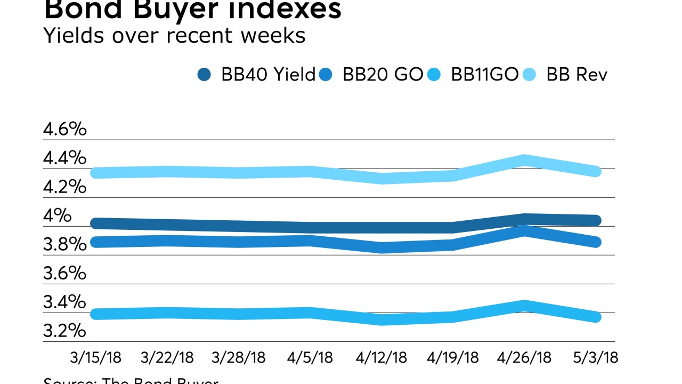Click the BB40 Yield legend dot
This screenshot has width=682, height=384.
pyautogui.click(x=204, y=75)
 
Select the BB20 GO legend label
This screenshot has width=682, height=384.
pyautogui.click(x=383, y=75)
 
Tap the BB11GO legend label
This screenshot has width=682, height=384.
pyautogui.click(x=484, y=75)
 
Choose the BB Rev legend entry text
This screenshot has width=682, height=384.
pyautogui.click(x=577, y=75)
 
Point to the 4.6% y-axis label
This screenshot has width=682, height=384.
pyautogui.click(x=64, y=130)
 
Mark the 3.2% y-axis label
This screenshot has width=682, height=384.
pyautogui.click(x=64, y=331)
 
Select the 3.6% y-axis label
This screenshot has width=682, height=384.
pyautogui.click(x=64, y=274)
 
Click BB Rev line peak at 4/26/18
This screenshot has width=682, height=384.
pyautogui.click(x=525, y=160)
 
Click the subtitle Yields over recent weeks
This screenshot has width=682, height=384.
pyautogui.click(x=174, y=36)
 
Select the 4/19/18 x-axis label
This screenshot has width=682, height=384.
pyautogui.click(x=453, y=357)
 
